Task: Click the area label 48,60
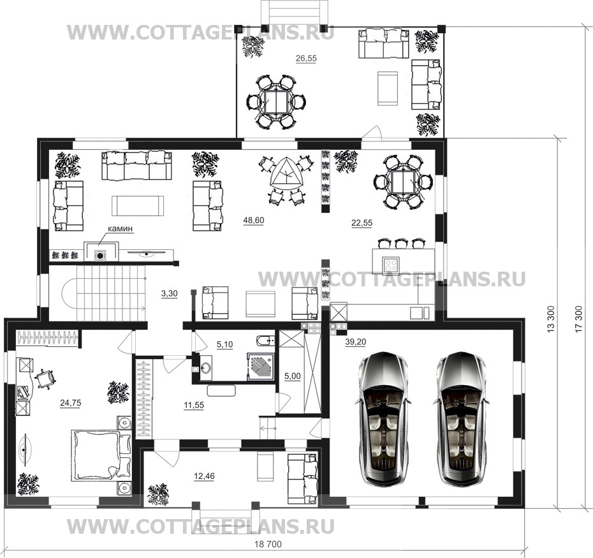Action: pyautogui.click(x=254, y=220)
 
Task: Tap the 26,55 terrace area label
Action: pyautogui.click(x=306, y=58)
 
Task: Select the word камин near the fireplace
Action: pyautogui.click(x=121, y=228)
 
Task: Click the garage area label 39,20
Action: pyautogui.click(x=356, y=342)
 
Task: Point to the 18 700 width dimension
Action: pyautogui.click(x=268, y=544)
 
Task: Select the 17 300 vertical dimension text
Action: pyautogui.click(x=578, y=319)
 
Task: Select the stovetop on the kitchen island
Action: pyautogui.click(x=391, y=264)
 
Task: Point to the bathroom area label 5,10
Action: pyautogui.click(x=224, y=344)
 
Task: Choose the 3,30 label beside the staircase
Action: pyautogui.click(x=170, y=293)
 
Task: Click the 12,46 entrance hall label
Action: pyautogui.click(x=204, y=476)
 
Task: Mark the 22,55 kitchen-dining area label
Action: pyautogui.click(x=362, y=223)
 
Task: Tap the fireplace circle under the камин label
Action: pyautogui.click(x=100, y=256)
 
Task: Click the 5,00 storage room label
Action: pyautogui.click(x=293, y=376)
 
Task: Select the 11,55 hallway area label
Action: pyautogui.click(x=194, y=406)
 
